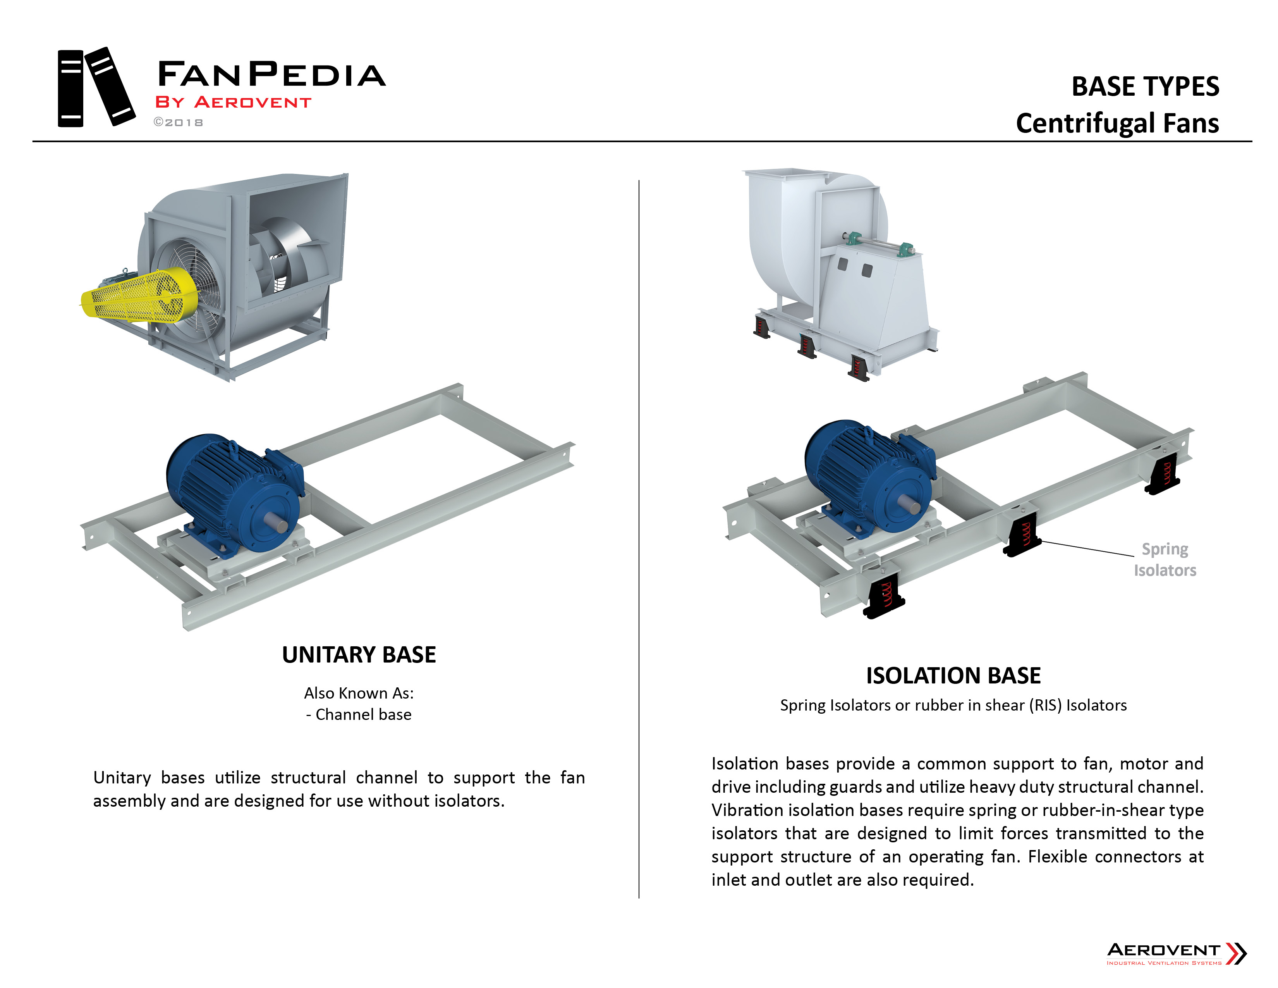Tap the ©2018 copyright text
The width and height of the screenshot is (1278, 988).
tap(179, 122)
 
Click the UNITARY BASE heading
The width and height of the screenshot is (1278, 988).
tap(359, 654)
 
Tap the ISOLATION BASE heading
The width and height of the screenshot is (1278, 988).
tap(953, 675)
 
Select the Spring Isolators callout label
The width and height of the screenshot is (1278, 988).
tap(1165, 559)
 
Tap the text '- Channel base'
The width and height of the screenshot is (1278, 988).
tap(359, 715)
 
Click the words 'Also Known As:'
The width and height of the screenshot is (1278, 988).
tap(359, 693)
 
